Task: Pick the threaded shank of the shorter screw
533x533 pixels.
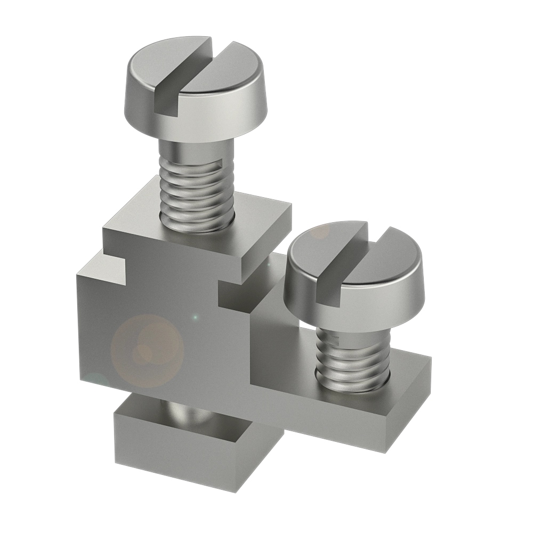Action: coord(352,354)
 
